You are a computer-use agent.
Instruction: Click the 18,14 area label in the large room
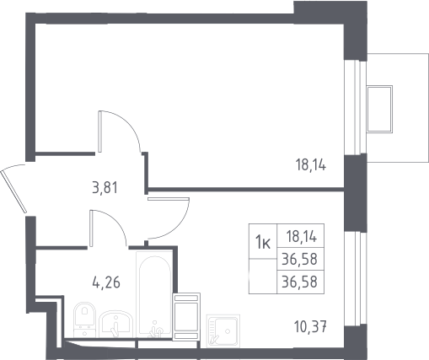(311, 165)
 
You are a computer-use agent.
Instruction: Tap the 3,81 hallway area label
(105, 188)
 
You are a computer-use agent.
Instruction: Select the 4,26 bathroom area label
(106, 282)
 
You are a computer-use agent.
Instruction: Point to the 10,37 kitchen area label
(310, 326)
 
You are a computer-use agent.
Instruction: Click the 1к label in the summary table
(263, 243)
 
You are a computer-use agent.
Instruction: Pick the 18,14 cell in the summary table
(302, 237)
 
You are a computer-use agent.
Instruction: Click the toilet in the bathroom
(84, 320)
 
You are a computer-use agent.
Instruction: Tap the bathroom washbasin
(116, 324)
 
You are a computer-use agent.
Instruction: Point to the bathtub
(154, 294)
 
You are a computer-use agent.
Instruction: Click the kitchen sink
(223, 330)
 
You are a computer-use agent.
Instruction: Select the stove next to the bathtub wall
(186, 317)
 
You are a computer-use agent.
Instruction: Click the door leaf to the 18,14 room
(100, 132)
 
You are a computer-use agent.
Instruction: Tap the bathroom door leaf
(91, 228)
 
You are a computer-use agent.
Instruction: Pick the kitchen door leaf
(168, 199)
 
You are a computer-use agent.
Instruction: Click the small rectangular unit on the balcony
(379, 109)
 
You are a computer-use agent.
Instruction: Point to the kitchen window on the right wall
(356, 278)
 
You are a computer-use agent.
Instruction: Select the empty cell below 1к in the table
(263, 276)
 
